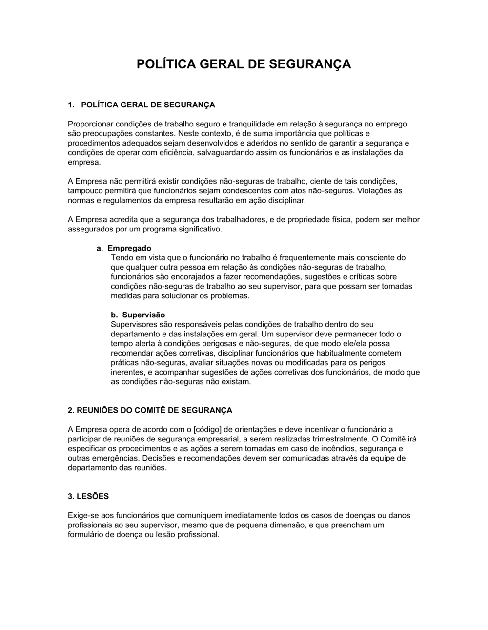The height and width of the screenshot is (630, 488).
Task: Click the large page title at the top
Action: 244,64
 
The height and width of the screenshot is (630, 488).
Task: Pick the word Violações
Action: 375,191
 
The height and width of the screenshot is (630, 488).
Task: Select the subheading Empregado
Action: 129,248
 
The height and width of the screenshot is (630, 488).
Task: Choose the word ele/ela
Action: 358,344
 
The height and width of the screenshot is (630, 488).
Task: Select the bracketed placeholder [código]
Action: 207,429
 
